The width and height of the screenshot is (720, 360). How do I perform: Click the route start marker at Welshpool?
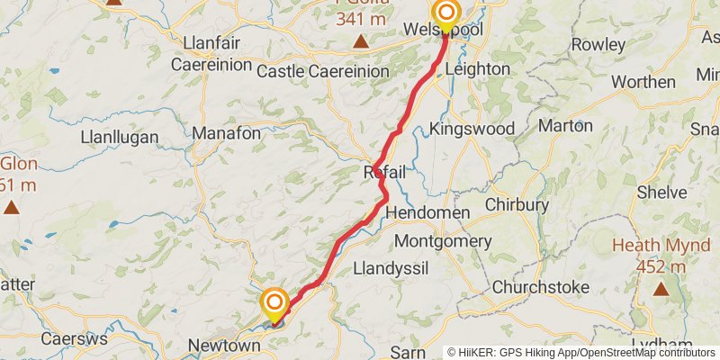pos(445,13)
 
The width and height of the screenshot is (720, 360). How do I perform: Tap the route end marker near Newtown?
pos(274,301)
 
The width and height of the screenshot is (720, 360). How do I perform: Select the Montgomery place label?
pos(443,241)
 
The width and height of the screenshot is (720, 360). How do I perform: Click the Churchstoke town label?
pos(540,287)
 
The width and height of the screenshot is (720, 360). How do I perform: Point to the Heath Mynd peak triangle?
pos(661,289)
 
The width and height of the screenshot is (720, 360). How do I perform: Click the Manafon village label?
pos(227,133)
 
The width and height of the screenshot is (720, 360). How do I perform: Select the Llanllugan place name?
pos(120,138)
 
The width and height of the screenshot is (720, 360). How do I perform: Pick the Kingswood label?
pos(468,128)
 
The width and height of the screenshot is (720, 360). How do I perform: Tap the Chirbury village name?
pos(517,204)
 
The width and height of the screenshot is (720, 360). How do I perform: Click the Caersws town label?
pos(74,339)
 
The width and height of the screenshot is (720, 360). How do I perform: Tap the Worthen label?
pos(643,81)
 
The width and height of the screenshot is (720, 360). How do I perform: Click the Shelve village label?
pos(661,192)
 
